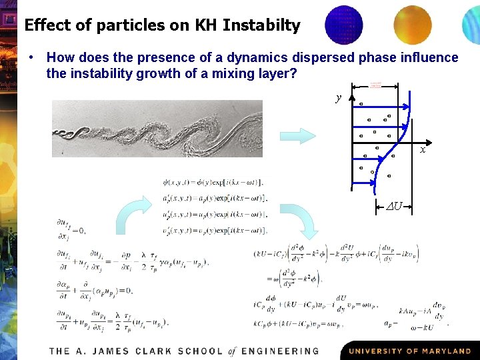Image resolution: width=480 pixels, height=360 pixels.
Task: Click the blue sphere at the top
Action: pyautogui.click(x=344, y=25)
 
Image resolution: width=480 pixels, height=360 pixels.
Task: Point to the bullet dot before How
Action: pyautogui.click(x=32, y=58)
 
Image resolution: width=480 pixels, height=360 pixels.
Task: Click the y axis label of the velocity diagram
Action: pyautogui.click(x=339, y=97)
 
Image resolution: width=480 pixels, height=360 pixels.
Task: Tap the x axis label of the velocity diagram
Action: pyautogui.click(x=423, y=149)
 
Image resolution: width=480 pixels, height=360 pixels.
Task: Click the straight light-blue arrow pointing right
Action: pyautogui.click(x=297, y=136)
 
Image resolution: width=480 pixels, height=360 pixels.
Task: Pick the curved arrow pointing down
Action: pyautogui.click(x=308, y=220)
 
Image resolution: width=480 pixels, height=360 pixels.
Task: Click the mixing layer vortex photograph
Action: pyautogui.click(x=157, y=128)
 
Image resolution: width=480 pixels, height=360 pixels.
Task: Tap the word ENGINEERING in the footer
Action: pyautogui.click(x=280, y=351)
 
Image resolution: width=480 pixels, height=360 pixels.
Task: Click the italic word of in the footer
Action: pyautogui.click(x=231, y=351)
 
